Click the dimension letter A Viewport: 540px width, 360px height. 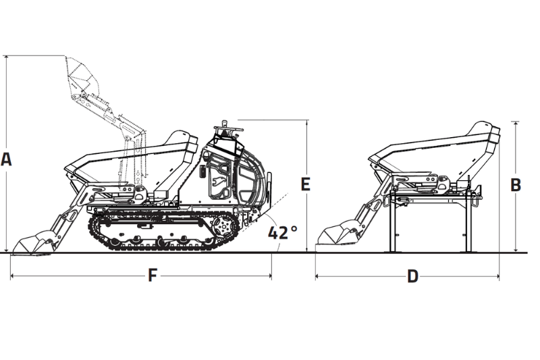tap(7, 159)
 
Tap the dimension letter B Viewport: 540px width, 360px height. tap(516, 185)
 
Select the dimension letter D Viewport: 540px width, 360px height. tap(412, 277)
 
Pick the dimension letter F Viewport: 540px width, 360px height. tap(153, 276)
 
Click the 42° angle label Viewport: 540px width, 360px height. tap(282, 232)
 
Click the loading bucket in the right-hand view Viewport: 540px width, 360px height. tap(341, 234)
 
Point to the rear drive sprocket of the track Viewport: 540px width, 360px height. tap(221, 228)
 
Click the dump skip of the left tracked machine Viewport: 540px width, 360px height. tap(135, 159)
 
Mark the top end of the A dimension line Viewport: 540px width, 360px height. tap(7, 56)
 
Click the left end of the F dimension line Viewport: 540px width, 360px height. tap(11, 276)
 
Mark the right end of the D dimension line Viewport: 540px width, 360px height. tap(499, 276)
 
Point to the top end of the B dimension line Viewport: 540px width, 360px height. tap(516, 122)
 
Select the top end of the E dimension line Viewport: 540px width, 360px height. tap(308, 120)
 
